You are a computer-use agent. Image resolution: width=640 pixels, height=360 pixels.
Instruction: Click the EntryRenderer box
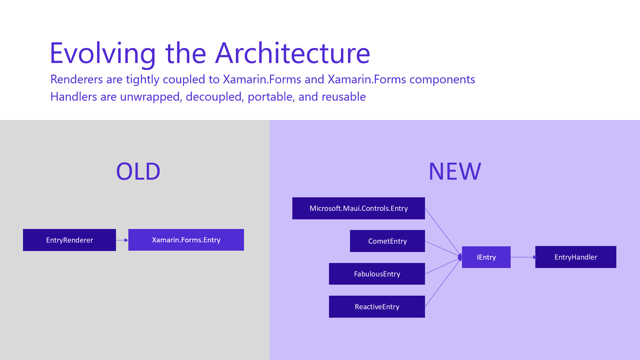point(69,240)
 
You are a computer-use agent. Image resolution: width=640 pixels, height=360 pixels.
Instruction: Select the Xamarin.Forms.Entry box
point(186,240)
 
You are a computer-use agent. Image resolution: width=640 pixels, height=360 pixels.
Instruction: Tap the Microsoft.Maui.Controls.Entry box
point(359,208)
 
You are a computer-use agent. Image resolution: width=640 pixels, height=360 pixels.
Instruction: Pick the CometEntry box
point(387,241)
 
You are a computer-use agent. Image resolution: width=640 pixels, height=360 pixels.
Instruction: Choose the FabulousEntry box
point(377,274)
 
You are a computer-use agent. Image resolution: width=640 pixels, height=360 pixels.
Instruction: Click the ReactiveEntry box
point(377,307)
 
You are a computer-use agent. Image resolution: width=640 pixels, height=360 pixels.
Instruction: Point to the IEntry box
point(486,257)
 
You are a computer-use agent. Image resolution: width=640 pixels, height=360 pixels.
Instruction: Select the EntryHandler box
point(576,257)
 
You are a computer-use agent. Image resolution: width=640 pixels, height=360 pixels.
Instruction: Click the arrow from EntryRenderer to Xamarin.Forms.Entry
point(122,240)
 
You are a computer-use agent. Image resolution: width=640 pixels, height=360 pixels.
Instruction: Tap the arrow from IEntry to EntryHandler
point(523,257)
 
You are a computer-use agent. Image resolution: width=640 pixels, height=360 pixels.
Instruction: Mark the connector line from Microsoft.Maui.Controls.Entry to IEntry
point(443,232)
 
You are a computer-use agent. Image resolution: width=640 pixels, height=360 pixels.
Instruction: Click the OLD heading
point(138,171)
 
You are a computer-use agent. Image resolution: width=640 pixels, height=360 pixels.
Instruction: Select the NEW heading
point(455,171)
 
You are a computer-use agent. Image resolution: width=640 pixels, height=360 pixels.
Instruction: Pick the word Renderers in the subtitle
point(77,79)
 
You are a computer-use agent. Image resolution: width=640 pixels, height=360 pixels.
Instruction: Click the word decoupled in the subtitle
point(214,97)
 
